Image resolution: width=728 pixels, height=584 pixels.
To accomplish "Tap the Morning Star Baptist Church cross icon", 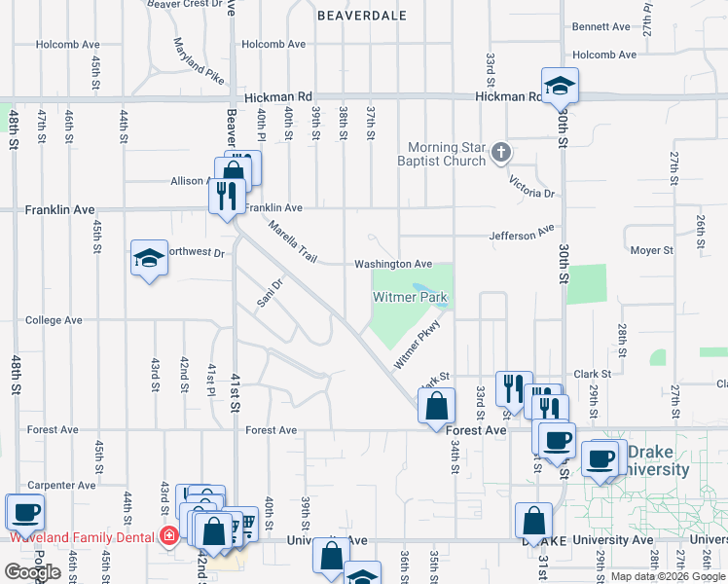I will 501,152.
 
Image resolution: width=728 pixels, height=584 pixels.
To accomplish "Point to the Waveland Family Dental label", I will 82,536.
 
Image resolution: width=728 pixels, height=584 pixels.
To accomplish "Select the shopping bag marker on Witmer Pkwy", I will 437,405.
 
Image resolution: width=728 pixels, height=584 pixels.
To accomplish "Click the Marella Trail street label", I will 294,243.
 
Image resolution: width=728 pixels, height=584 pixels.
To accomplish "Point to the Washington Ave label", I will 393,264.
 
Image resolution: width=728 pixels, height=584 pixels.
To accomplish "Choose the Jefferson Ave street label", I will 522,235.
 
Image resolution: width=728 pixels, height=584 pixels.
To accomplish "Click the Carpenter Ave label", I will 34,485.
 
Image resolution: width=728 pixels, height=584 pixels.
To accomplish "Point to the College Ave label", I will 54,319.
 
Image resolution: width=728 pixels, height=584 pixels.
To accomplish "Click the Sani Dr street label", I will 270,293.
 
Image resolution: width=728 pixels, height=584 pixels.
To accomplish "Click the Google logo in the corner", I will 32,572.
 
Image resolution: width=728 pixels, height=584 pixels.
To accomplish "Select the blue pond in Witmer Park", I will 428,295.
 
